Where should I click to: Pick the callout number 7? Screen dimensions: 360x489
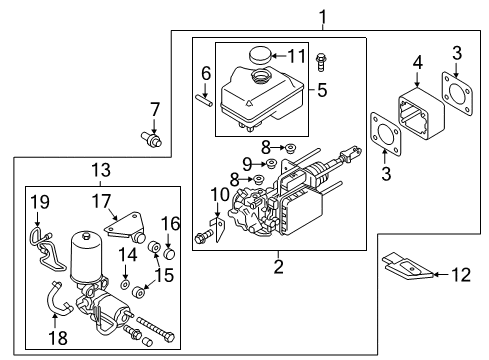[x=154, y=109]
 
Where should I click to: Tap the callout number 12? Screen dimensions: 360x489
[x=463, y=274]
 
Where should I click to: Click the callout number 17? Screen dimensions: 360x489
[x=102, y=200]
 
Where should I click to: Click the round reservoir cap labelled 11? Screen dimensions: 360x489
[x=264, y=55]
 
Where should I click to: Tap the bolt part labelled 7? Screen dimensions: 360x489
[x=153, y=140]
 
